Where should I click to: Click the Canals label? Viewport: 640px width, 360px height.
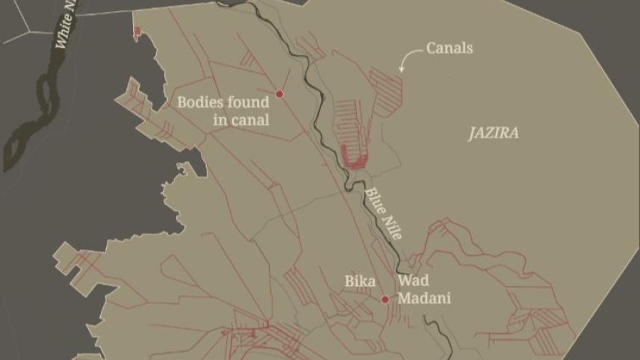(449, 49)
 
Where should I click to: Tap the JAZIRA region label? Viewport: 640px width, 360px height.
(493, 134)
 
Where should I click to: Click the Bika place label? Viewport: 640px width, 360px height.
(359, 282)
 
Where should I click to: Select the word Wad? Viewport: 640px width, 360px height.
(413, 282)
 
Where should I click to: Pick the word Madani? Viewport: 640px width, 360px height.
(424, 298)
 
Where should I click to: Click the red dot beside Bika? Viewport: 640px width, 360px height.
(385, 300)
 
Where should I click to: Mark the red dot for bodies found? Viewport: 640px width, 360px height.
(280, 94)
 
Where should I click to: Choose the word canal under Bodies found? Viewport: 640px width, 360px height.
(251, 119)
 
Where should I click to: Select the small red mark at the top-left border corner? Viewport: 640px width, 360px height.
(137, 31)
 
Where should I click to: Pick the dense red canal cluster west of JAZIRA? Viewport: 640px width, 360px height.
(353, 154)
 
